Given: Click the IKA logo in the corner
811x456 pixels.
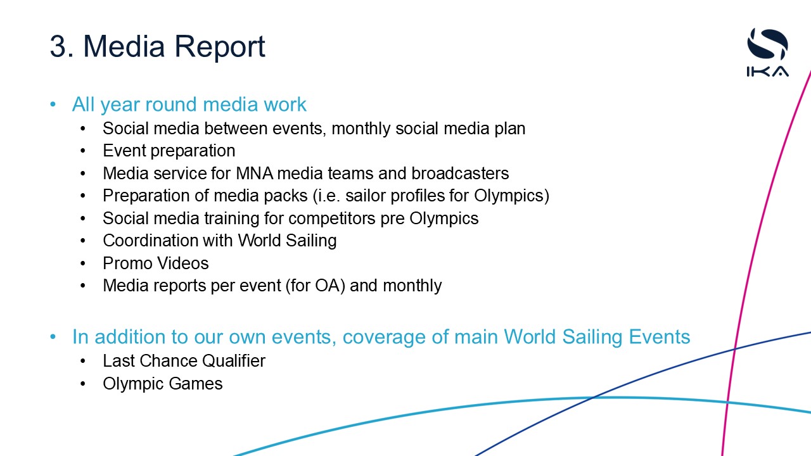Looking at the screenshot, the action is [767, 53].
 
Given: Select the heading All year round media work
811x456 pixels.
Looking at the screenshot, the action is [189, 104].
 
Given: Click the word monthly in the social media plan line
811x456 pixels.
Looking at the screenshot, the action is [361, 129].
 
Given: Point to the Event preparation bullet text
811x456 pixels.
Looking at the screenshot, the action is [169, 151].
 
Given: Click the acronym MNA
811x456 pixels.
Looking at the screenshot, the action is [255, 174].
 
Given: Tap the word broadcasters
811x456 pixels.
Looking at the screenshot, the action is [460, 174].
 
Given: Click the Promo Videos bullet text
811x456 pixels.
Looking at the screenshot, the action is [156, 263].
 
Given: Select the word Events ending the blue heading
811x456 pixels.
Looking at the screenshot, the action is [660, 337].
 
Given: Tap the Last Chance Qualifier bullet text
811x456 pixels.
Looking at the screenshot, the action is [184, 361].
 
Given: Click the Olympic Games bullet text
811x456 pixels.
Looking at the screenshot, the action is [163, 384].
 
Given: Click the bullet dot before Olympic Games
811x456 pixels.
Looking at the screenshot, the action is [83, 384].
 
